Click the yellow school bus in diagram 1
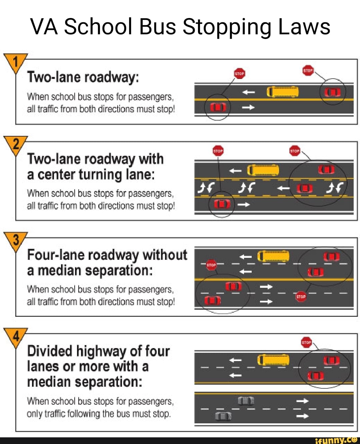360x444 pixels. [x=282, y=92]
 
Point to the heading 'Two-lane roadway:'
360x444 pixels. [x=83, y=77]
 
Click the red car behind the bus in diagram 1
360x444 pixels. [x=333, y=92]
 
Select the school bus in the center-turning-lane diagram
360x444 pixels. [x=263, y=170]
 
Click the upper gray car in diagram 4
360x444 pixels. [x=246, y=400]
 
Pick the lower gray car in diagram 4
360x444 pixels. [x=223, y=416]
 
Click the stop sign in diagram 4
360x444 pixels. [x=306, y=342]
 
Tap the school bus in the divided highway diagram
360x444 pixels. [x=273, y=360]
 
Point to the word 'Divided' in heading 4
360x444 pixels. [x=50, y=351]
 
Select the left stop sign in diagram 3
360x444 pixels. [x=211, y=265]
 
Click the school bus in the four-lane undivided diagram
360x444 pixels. [x=273, y=256]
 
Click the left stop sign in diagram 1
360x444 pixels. [x=239, y=74]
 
